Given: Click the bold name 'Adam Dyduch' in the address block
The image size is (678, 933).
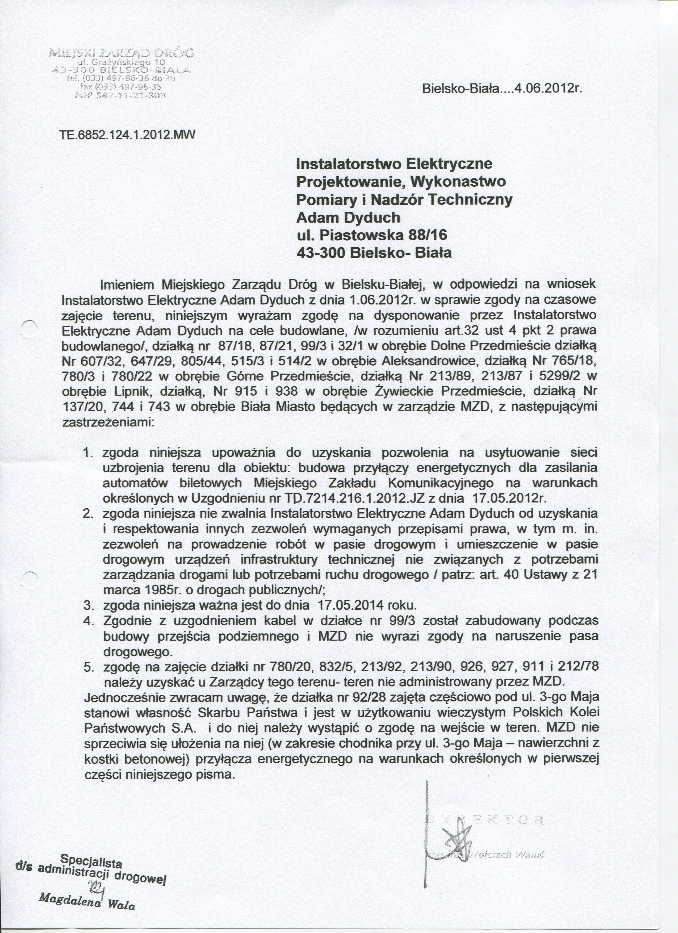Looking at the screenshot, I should tap(348, 217).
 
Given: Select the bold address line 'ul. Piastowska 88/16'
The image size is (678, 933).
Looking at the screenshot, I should tap(371, 235).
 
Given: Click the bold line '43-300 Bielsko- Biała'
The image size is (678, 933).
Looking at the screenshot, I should tap(374, 253).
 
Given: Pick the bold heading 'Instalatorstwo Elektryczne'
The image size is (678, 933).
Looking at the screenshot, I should tap(394, 164).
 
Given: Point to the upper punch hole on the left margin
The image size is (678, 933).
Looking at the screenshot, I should tap(29, 329).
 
